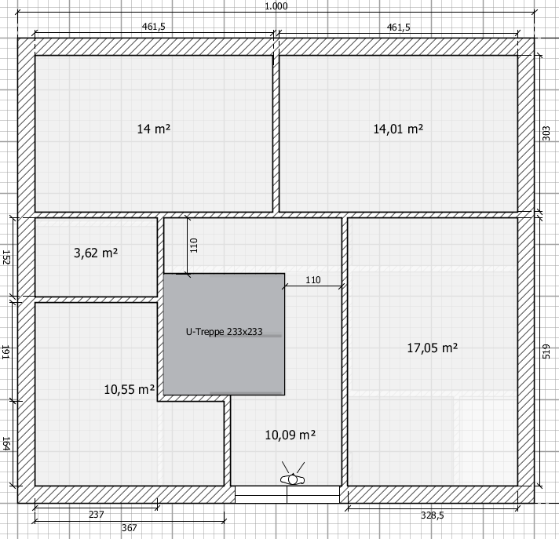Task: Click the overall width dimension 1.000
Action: [276, 6]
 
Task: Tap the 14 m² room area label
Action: [154, 129]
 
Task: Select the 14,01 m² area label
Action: [398, 129]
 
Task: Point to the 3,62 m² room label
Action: [96, 253]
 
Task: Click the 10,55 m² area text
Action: [130, 389]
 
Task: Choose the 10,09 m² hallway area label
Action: [290, 435]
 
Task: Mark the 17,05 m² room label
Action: [433, 348]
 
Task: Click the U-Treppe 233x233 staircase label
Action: [225, 332]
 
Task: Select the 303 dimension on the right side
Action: [546, 133]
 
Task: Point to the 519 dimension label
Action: [546, 351]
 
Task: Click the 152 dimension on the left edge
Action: [6, 257]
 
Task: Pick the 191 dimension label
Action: [6, 352]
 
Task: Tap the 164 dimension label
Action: [6, 444]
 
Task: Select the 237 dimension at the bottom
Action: [97, 515]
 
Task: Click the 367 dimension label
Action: [129, 527]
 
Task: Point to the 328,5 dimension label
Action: [433, 515]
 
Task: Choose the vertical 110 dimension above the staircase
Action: [194, 246]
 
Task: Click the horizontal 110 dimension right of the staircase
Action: [313, 280]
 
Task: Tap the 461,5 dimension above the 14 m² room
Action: [154, 27]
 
